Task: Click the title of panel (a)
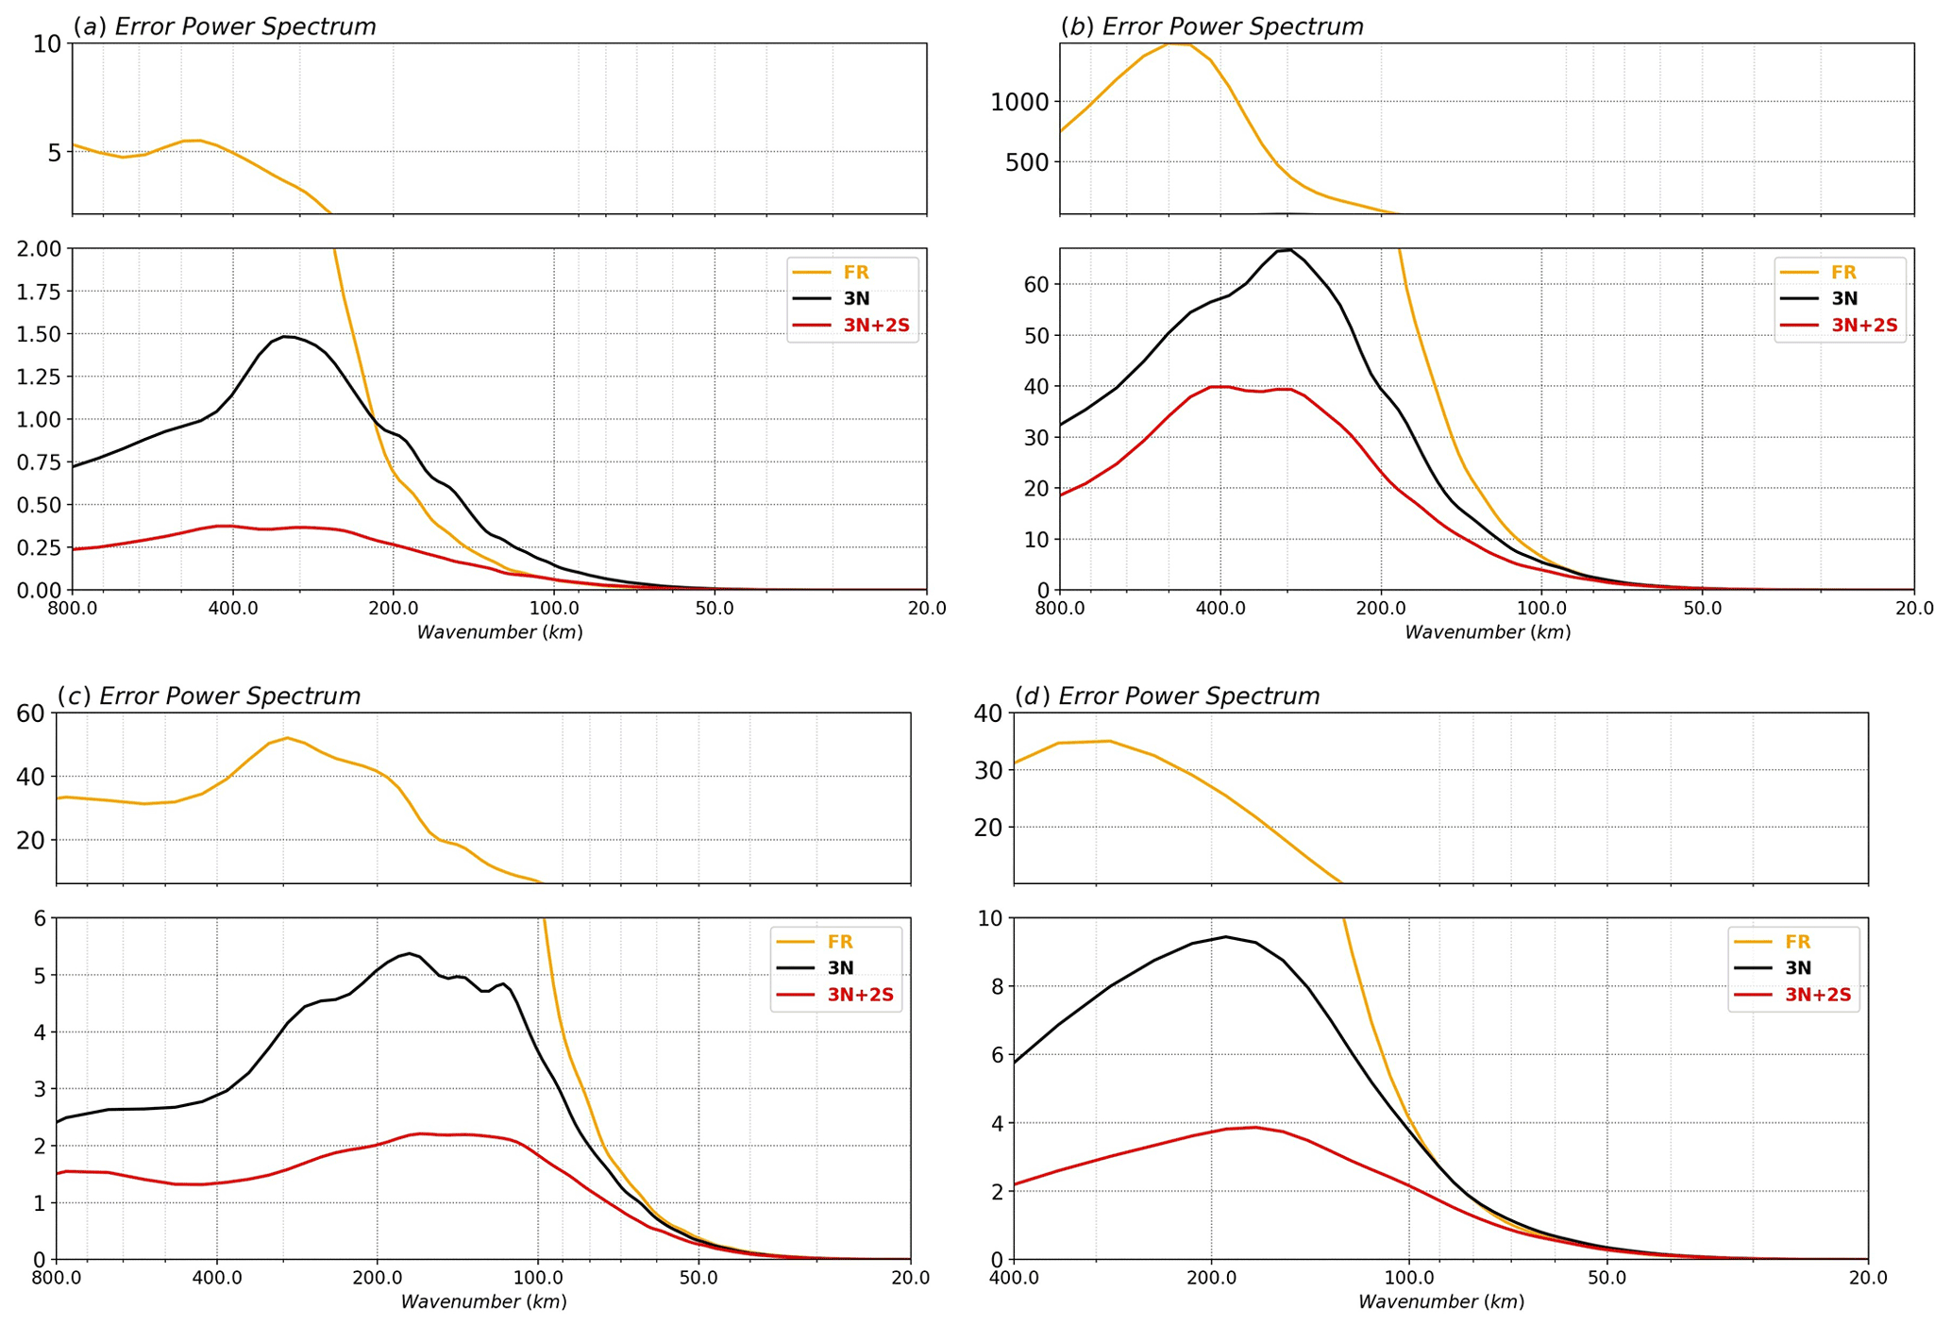tap(225, 26)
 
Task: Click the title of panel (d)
tap(1167, 696)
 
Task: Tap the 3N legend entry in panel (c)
tap(840, 968)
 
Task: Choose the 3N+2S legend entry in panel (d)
tap(1817, 995)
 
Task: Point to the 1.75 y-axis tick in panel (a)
tap(39, 292)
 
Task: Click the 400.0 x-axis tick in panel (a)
tap(233, 607)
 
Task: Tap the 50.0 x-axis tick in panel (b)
tap(1703, 607)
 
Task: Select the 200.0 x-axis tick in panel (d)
tap(1211, 1277)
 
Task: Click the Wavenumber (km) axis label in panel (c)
tap(483, 1302)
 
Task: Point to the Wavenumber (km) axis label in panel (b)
tap(1488, 632)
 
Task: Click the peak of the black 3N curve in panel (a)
tap(284, 336)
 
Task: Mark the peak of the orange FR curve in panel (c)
tap(288, 738)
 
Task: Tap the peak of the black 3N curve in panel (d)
tap(1225, 936)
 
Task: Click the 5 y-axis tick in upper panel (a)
tap(54, 152)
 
